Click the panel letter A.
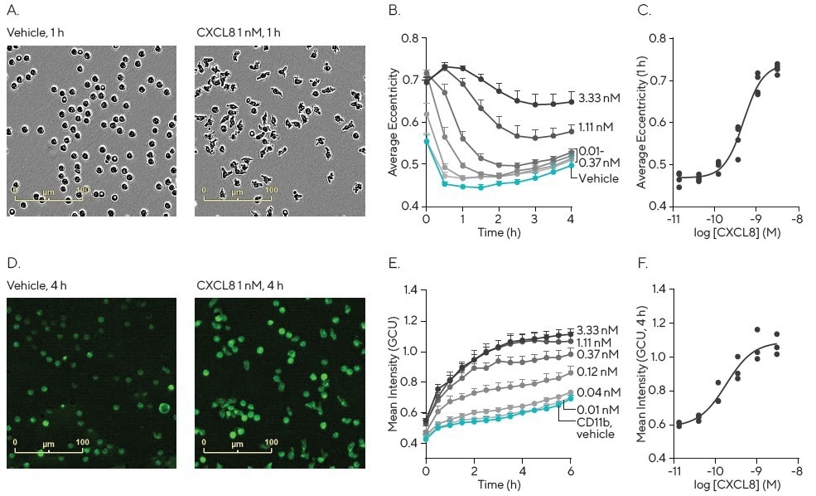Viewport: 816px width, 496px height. click(x=12, y=12)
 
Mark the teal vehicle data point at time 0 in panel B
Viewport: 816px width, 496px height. click(x=426, y=142)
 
